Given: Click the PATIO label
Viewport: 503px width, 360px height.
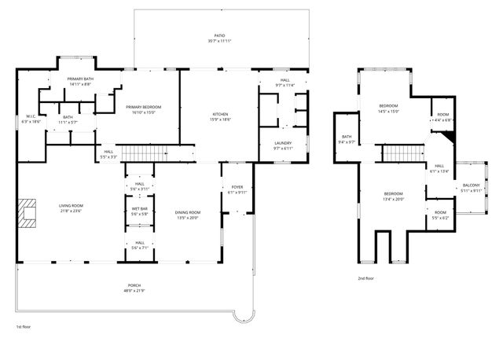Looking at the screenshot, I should (220, 36).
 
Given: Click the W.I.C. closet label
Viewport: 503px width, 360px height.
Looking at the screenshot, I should (31, 118).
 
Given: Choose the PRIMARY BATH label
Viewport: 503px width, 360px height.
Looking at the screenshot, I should (81, 79).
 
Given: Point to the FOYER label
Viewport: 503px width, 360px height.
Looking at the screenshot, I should (237, 188).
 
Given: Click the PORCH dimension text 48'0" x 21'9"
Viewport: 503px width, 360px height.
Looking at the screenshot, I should (134, 292).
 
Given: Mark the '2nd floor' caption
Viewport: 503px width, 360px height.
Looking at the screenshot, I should (366, 279).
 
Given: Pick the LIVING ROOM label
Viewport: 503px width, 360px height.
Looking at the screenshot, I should (71, 208).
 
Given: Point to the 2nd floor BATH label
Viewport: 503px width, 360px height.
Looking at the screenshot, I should (347, 138).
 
